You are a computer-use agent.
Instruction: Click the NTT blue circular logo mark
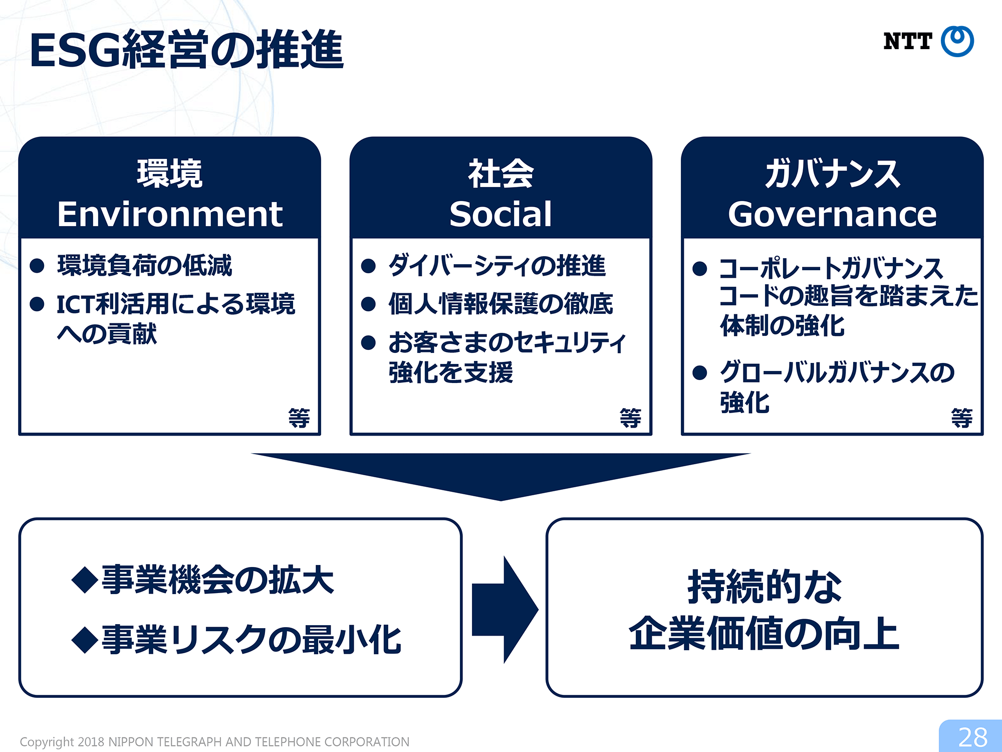coord(957,41)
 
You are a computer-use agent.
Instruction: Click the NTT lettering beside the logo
coord(907,41)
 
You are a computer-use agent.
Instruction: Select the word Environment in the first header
coord(170,214)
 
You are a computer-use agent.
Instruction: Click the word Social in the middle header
coord(500,214)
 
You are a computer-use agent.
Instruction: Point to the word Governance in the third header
coord(832,214)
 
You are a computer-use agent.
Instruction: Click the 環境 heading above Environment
coord(170,173)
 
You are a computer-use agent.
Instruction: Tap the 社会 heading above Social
coord(501,173)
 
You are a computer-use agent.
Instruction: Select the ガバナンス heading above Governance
coord(832,173)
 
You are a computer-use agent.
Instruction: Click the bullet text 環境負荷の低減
coord(144,265)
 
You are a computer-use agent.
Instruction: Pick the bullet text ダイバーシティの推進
coord(497,265)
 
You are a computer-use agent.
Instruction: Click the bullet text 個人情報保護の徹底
coord(500,304)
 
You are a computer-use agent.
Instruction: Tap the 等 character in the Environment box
coord(299,418)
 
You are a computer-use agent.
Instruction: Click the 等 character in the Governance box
coord(962,418)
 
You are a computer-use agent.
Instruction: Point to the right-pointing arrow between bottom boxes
coord(505,610)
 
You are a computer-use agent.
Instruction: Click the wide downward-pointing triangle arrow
coord(500,474)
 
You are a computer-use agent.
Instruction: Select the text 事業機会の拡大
coord(217,580)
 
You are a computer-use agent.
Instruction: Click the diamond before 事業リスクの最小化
coord(85,640)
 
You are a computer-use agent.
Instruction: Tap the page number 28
coord(972,737)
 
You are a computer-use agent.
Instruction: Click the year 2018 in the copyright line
coord(91,742)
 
